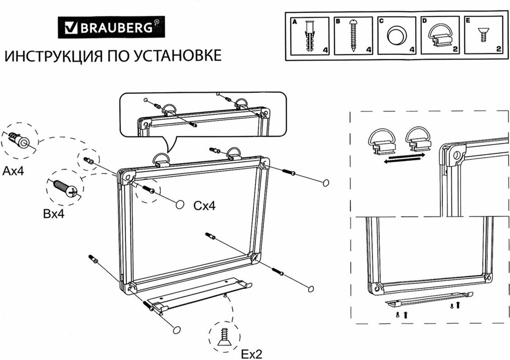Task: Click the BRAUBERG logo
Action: pyautogui.click(x=111, y=28)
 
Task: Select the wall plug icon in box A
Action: pyautogui.click(x=309, y=36)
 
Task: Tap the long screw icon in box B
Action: pyautogui.click(x=353, y=36)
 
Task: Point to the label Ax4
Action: pyautogui.click(x=14, y=171)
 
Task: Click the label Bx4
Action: pyautogui.click(x=54, y=214)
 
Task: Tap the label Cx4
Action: pyautogui.click(x=204, y=206)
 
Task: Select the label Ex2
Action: pyautogui.click(x=251, y=354)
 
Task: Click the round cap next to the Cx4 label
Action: pyautogui.click(x=180, y=205)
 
